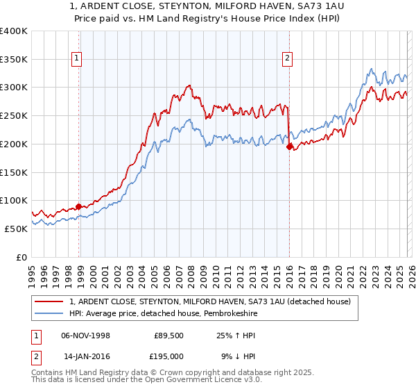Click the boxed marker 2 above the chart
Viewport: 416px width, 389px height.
(286, 59)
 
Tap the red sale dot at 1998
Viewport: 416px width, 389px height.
(78, 206)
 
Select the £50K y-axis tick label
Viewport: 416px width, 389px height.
(15, 229)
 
